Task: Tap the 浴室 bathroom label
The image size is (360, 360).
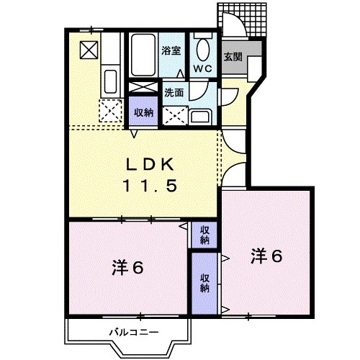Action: pos(170,51)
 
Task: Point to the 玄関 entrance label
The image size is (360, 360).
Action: pos(232,58)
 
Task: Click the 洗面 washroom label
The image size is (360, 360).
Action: pos(174,92)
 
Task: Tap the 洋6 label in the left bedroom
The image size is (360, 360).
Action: pos(130,268)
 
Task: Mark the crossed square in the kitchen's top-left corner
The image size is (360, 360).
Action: pos(89,50)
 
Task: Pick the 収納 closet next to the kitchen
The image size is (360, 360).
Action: pos(143,112)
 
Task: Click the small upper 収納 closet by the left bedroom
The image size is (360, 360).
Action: pos(204,234)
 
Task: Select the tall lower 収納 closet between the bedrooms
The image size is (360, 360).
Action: pos(205,283)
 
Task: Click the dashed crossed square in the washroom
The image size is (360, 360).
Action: pos(174,114)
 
